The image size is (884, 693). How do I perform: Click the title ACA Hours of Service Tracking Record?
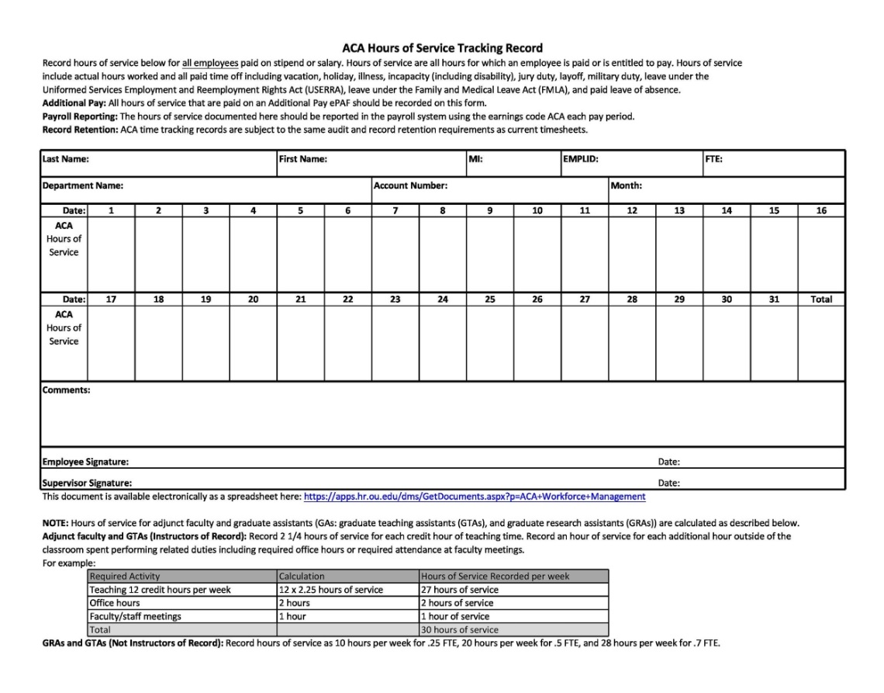tap(442, 48)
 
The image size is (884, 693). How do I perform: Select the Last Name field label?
tap(65, 159)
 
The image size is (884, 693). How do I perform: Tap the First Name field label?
tap(302, 159)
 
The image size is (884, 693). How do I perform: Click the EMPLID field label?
tap(581, 159)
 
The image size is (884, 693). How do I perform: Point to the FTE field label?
tap(713, 159)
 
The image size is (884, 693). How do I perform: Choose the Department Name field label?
tap(83, 186)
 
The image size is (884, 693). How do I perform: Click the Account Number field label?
tap(410, 186)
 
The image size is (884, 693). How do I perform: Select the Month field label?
tap(627, 186)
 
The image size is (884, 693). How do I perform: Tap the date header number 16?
tap(821, 210)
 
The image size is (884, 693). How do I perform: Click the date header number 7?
tap(395, 210)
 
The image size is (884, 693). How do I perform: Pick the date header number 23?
tap(395, 299)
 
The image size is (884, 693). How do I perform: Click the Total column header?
tap(821, 299)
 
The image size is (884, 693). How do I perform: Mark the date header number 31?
tap(774, 299)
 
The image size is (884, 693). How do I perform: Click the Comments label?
tap(66, 390)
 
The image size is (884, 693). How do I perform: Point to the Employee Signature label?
tap(85, 462)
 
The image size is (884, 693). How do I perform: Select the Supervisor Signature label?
tap(87, 483)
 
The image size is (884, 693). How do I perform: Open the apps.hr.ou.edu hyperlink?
tap(474, 497)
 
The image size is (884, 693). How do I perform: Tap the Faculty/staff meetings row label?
tap(135, 616)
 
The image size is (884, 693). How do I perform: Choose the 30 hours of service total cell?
tap(460, 629)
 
